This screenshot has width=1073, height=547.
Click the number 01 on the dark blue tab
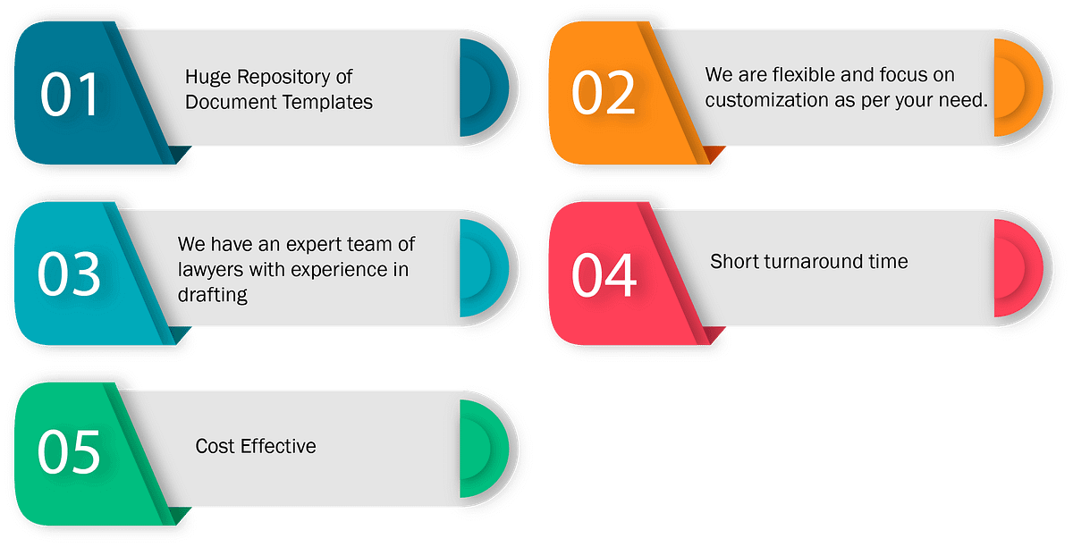point(70,95)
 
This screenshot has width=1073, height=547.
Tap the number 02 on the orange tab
point(604,92)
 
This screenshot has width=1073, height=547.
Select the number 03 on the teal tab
point(69,274)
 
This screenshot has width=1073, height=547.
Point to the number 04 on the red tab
point(604,275)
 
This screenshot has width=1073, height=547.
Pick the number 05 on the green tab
point(69,451)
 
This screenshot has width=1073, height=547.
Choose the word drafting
point(213,296)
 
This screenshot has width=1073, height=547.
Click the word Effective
point(278,446)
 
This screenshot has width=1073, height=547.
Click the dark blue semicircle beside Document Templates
point(484,88)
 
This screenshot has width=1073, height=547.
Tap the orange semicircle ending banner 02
point(1018,88)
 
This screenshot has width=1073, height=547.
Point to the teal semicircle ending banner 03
point(484,268)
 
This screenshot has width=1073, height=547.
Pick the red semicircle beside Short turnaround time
point(1018,268)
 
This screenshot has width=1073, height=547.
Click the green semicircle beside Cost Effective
point(484,449)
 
